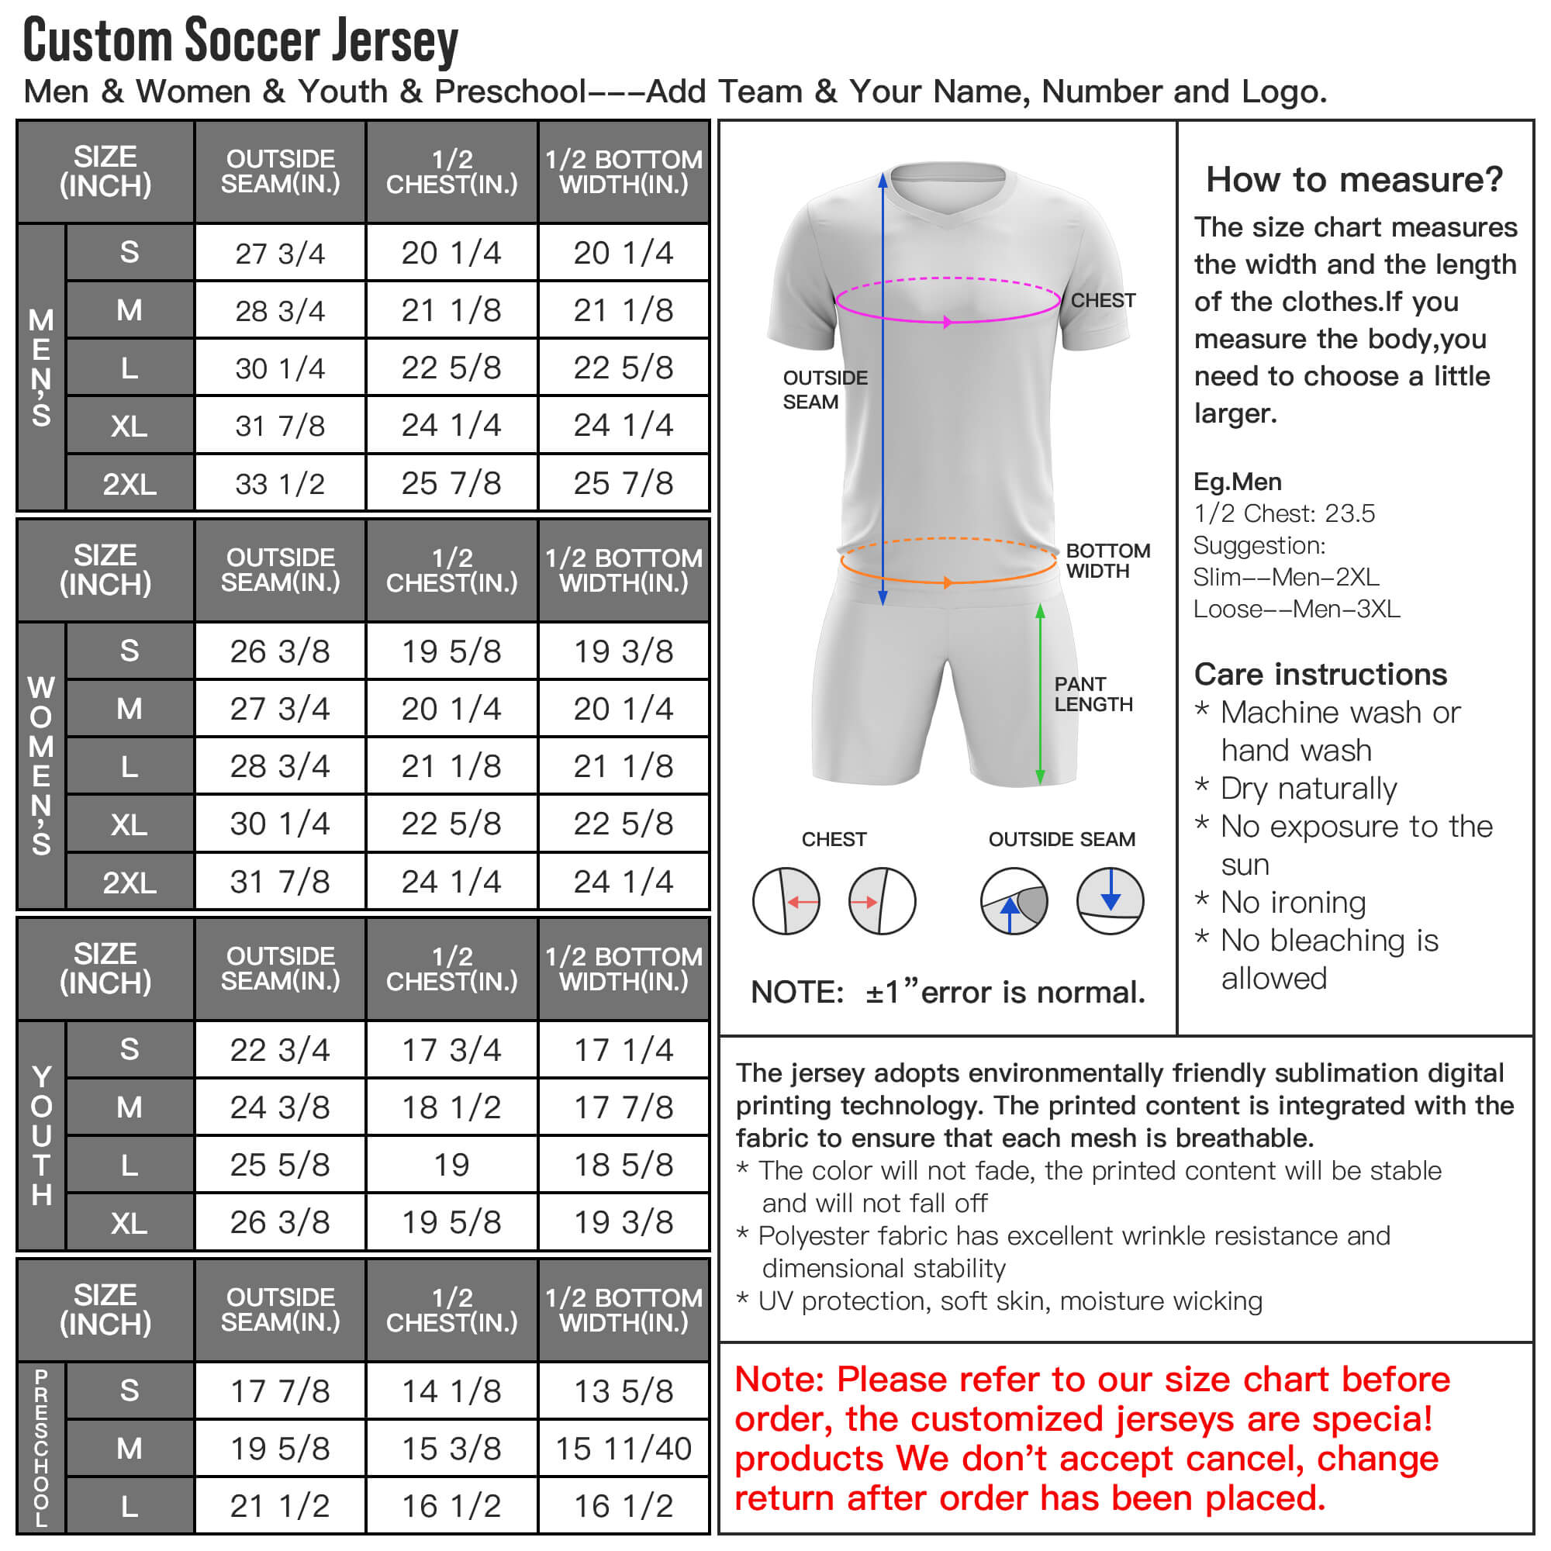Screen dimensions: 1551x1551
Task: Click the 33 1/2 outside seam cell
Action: pyautogui.click(x=279, y=484)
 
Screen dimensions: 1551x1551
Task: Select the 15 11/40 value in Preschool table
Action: pyautogui.click(x=623, y=1448)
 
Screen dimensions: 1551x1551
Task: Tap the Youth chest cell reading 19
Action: pyautogui.click(x=451, y=1165)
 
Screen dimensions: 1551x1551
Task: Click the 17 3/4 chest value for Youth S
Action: pyautogui.click(x=451, y=1049)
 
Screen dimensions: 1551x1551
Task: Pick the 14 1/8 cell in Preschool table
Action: pyautogui.click(x=451, y=1390)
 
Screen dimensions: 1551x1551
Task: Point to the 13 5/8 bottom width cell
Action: pyautogui.click(x=623, y=1390)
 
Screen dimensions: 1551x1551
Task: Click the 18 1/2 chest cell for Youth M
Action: pyautogui.click(x=451, y=1107)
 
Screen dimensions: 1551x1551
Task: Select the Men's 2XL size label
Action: pyautogui.click(x=130, y=484)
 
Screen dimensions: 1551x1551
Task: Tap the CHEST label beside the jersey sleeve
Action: pyautogui.click(x=1103, y=300)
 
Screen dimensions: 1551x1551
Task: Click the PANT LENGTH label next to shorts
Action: pyautogui.click(x=1093, y=693)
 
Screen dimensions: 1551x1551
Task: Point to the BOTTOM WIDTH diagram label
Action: pyautogui.click(x=1108, y=561)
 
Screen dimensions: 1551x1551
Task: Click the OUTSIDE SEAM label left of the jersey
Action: pyautogui.click(x=825, y=389)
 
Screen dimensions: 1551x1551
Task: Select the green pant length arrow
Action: pyautogui.click(x=1041, y=693)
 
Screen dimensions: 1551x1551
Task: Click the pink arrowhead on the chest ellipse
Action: pyautogui.click(x=948, y=322)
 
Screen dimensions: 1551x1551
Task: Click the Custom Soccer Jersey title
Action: pyautogui.click(x=241, y=40)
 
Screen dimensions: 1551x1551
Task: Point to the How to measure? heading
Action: pyautogui.click(x=1354, y=179)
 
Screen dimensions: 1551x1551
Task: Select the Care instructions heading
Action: pyautogui.click(x=1321, y=675)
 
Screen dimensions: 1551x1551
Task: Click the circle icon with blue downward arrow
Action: pyautogui.click(x=1111, y=900)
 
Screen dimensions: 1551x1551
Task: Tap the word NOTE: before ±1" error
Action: pyautogui.click(x=797, y=993)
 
